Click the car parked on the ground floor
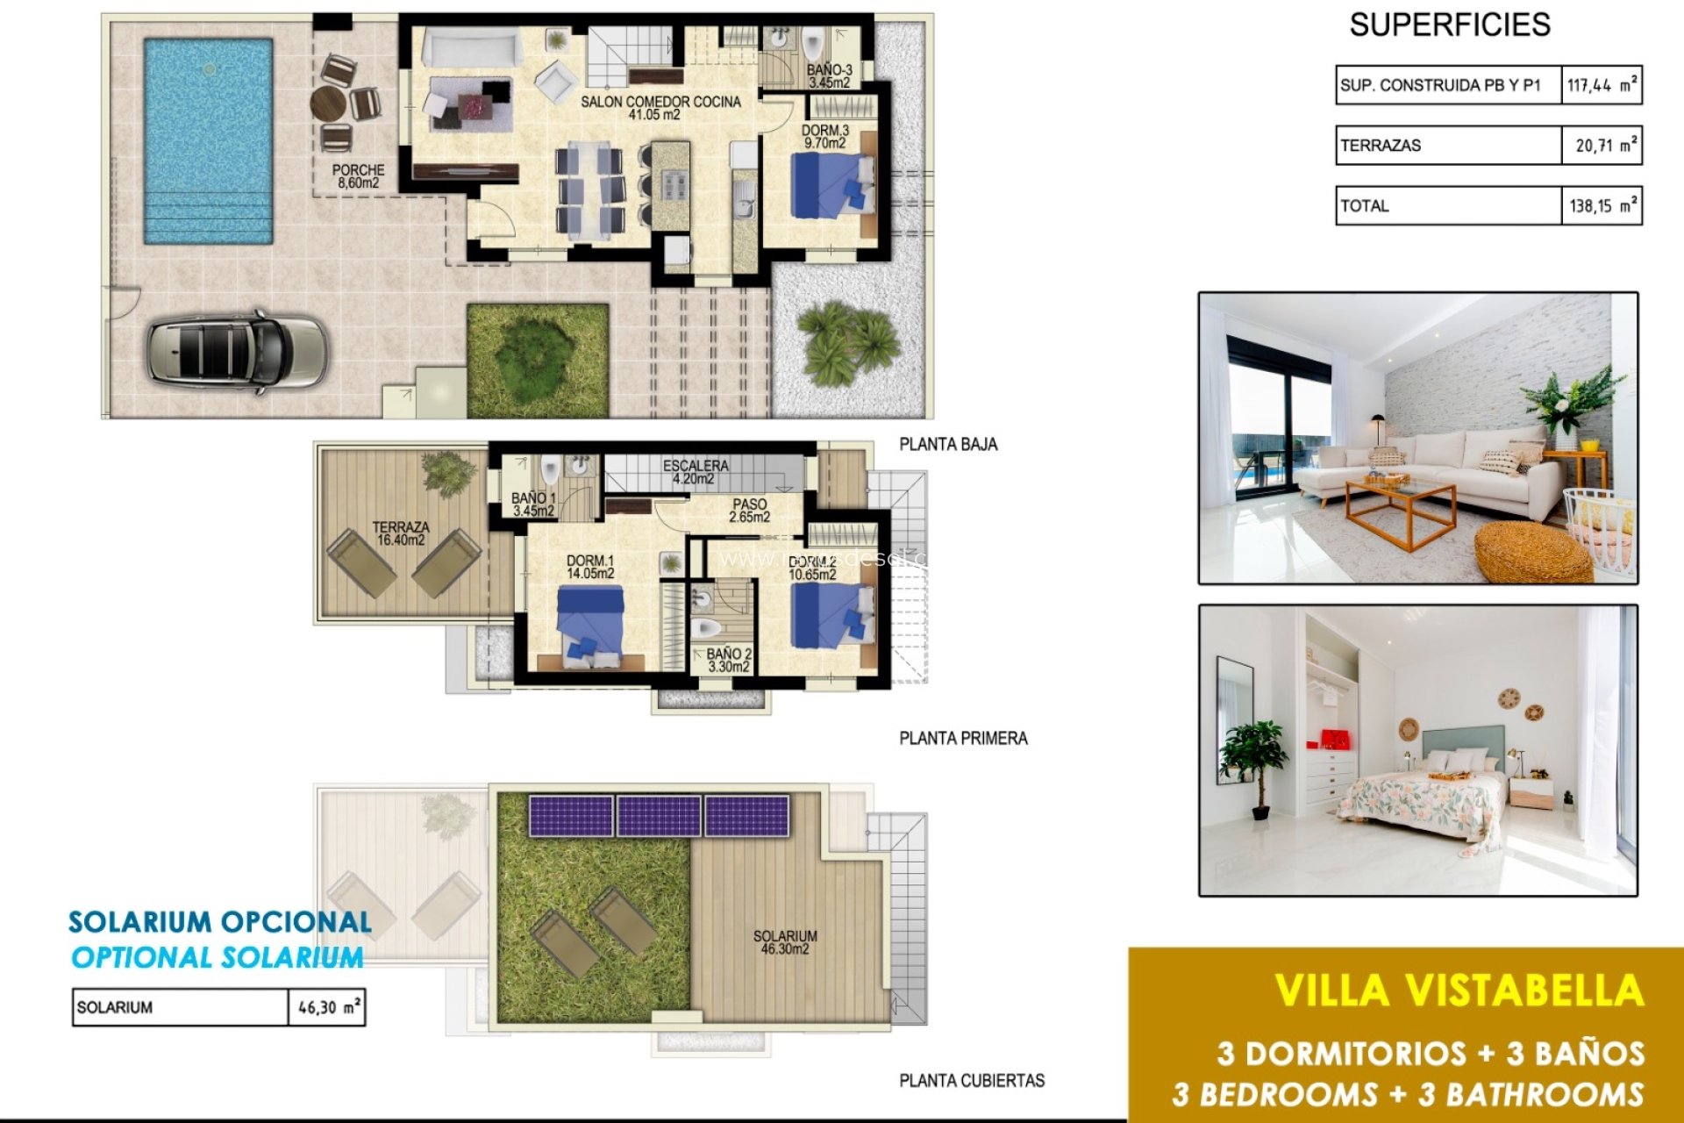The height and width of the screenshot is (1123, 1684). [237, 351]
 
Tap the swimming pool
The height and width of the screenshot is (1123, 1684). [208, 140]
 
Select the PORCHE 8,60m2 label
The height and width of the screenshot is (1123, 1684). [358, 176]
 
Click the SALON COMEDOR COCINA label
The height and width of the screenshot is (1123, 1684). [660, 108]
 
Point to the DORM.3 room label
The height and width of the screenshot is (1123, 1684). [824, 136]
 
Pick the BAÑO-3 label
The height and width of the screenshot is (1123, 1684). [829, 76]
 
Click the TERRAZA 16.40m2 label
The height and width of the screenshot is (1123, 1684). [401, 533]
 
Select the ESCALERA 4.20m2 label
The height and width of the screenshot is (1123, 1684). [695, 472]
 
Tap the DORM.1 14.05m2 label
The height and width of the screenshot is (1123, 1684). [589, 567]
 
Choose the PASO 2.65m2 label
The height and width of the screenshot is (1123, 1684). [749, 511]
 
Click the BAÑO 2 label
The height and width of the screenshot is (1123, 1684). [729, 660]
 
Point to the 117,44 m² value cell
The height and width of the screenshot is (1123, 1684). [1602, 85]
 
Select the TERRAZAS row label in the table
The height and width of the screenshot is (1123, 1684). [1381, 146]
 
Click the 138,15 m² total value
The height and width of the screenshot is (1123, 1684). [1602, 206]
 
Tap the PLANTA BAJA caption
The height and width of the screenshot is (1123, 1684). [948, 445]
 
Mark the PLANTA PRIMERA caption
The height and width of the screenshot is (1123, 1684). [963, 739]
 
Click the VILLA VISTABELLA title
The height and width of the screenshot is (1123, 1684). [1459, 991]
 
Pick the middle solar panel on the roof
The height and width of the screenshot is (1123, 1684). [659, 816]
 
